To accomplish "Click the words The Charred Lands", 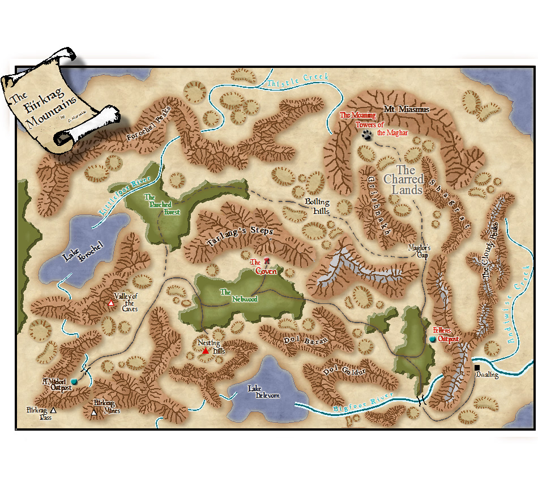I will (x=406, y=180).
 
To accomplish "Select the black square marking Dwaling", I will (x=477, y=368).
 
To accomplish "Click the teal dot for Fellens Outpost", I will (x=433, y=339).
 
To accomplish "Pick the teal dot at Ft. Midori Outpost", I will (x=74, y=382).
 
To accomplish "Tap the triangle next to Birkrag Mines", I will (x=94, y=413).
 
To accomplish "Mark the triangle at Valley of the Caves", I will (x=111, y=304).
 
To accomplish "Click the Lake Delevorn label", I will (x=263, y=392).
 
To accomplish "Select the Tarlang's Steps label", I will (x=240, y=237).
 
